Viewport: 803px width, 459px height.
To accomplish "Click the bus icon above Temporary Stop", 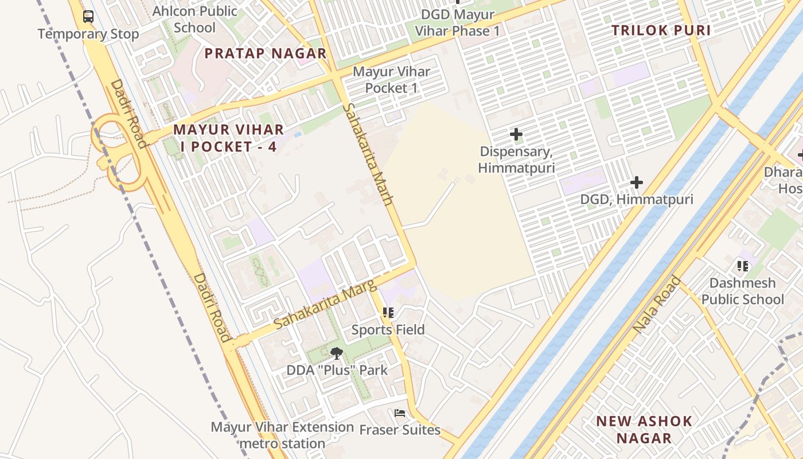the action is pyautogui.click(x=88, y=17).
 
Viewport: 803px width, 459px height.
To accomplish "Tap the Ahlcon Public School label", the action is pyautogui.click(x=194, y=20).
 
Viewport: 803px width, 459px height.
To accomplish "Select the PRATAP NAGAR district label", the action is pyautogui.click(x=266, y=54).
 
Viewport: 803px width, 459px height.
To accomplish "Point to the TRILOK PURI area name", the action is pyautogui.click(x=661, y=31).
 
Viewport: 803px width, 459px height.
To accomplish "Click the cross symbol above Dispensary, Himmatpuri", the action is pyautogui.click(x=516, y=135).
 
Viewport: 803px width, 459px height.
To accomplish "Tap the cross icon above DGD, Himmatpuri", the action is pyautogui.click(x=636, y=183).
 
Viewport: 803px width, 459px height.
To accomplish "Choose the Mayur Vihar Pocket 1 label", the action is pyautogui.click(x=391, y=80).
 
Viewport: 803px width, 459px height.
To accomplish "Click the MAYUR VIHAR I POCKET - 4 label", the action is pyautogui.click(x=229, y=138).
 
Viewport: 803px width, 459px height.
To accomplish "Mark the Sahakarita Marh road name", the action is pyautogui.click(x=368, y=154).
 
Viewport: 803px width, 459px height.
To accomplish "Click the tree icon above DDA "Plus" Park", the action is pyautogui.click(x=337, y=353).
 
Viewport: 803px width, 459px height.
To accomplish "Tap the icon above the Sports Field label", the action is pyautogui.click(x=388, y=313).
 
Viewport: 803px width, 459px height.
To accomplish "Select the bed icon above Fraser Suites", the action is pyautogui.click(x=400, y=413).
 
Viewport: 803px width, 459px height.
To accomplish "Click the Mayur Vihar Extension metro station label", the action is pyautogui.click(x=282, y=435).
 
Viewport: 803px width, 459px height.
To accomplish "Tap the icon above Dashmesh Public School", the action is pyautogui.click(x=743, y=266).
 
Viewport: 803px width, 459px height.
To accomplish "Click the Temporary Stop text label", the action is pyautogui.click(x=88, y=34).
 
